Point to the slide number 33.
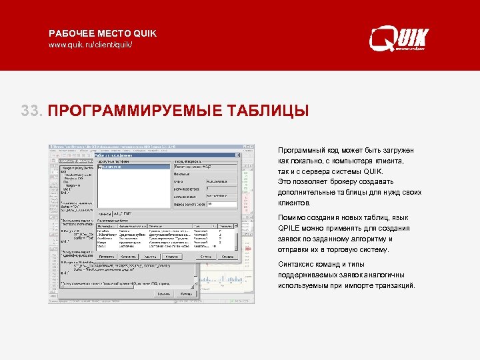[x=31, y=110]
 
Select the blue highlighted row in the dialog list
[x=133, y=167]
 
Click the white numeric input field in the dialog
[x=221, y=204]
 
